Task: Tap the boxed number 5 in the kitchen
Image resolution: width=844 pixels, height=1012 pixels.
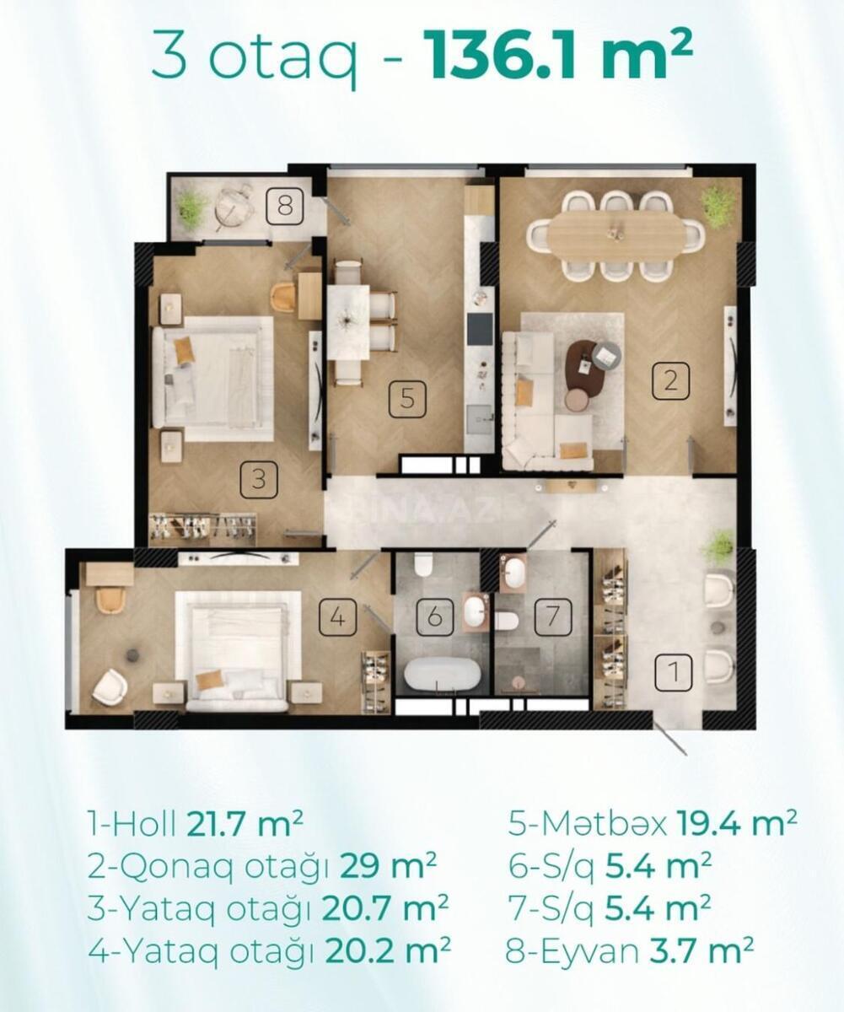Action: pos(407,399)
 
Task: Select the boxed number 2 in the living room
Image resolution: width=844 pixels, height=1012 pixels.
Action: pos(670,380)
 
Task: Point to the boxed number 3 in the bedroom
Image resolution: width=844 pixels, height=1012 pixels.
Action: pos(259,479)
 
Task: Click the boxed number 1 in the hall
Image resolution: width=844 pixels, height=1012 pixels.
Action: pos(674,671)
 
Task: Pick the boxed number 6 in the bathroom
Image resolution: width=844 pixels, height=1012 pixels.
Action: pos(435,616)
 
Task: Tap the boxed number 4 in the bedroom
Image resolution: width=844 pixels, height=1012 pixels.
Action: pos(338,618)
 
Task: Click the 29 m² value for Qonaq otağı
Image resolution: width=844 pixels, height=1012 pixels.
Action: pos(388,866)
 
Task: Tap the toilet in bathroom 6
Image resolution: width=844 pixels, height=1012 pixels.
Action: pos(423,565)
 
